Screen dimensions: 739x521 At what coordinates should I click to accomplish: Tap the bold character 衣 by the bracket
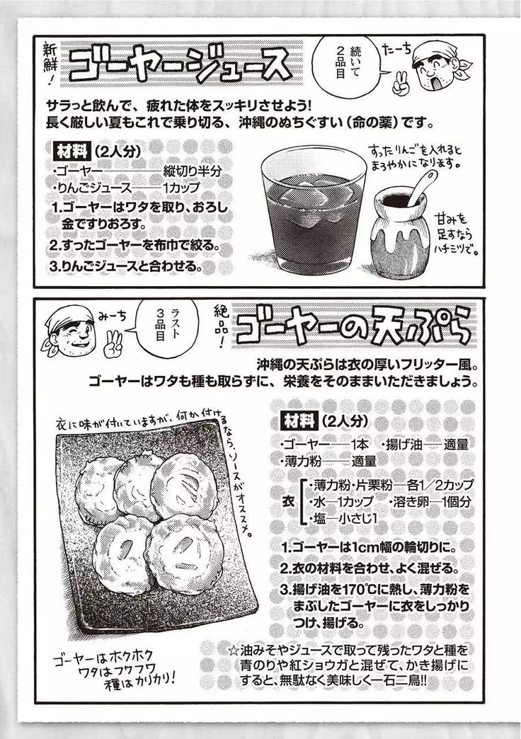(288, 500)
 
